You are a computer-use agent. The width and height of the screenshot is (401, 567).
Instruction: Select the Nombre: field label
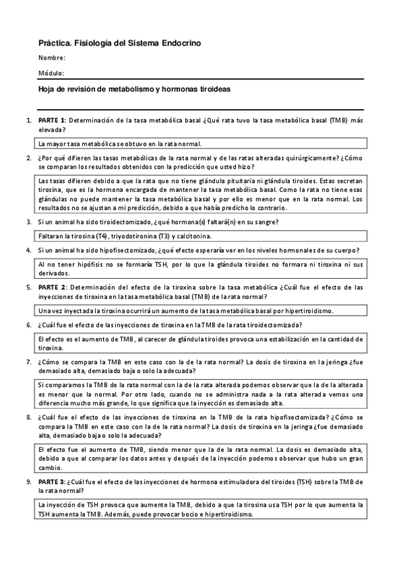tap(52, 58)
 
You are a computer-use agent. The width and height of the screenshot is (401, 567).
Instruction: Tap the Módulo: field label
tap(52, 73)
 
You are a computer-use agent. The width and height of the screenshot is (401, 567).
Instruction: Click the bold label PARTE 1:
tap(52, 120)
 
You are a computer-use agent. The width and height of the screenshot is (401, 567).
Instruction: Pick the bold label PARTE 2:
tap(52, 288)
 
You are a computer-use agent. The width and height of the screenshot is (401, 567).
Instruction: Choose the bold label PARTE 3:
tap(52, 481)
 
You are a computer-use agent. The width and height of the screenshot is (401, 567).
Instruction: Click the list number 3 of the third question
tap(29, 221)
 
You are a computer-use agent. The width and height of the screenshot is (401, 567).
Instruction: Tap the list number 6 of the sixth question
tap(29, 325)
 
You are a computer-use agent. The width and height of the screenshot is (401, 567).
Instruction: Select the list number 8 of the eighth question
tap(29, 416)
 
